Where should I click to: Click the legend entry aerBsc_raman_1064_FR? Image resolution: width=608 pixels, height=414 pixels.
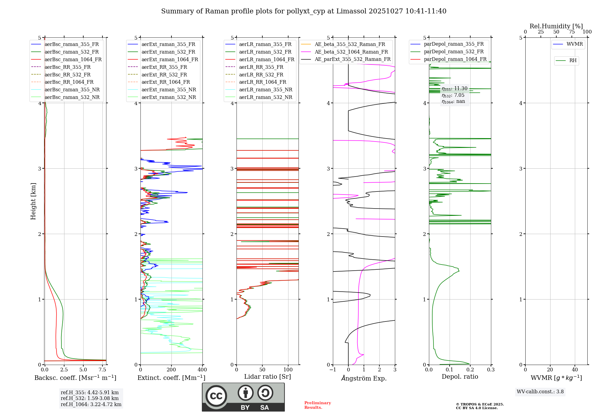tap(73, 60)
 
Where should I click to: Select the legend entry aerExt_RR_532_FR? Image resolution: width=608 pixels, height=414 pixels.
tap(164, 75)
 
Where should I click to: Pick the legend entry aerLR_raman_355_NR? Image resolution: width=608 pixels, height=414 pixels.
tap(265, 90)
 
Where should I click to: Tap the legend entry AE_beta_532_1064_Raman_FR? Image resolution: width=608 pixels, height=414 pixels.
tap(351, 52)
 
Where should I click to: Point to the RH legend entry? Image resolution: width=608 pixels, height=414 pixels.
tap(573, 61)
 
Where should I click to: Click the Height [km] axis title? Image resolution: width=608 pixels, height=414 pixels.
tap(33, 201)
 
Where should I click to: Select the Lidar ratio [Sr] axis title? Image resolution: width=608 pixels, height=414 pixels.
tap(268, 377)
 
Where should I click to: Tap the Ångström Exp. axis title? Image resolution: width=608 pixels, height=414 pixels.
tap(364, 378)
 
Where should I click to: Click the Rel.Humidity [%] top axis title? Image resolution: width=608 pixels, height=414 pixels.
tap(556, 26)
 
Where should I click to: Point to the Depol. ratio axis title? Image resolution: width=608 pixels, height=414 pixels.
tap(460, 377)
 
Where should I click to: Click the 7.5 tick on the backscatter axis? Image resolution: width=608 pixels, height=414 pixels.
tap(102, 370)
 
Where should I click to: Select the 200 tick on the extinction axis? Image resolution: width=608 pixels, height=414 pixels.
tap(171, 370)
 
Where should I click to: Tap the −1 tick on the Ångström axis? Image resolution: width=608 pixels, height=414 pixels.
tap(333, 370)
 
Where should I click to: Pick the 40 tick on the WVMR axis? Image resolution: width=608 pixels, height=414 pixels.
tap(575, 370)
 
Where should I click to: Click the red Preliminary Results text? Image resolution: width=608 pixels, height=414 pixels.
tap(317, 405)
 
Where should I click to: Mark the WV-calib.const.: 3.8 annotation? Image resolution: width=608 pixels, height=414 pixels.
tap(540, 392)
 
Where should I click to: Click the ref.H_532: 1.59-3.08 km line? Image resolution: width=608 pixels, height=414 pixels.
tap(90, 398)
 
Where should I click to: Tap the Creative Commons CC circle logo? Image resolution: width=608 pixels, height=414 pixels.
tap(216, 396)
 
